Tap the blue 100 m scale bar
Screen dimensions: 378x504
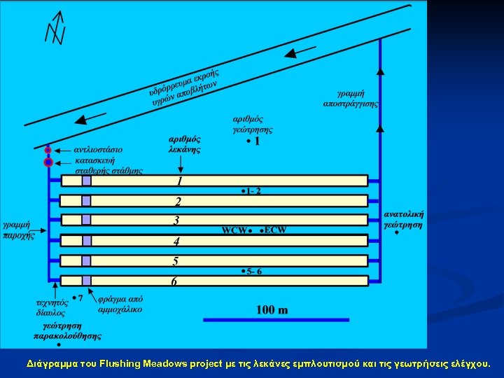(276, 320)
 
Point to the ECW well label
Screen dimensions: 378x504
(275, 230)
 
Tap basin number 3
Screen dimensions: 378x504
(176, 220)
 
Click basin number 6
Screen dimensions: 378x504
(174, 281)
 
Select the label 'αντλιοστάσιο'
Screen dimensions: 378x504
(99, 150)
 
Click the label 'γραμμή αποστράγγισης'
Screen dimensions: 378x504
(350, 98)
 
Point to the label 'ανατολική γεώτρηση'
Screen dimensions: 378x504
(405, 219)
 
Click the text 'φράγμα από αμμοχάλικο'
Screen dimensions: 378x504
(120, 303)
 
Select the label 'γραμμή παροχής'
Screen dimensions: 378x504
(19, 230)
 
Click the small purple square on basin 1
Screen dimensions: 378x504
(86, 181)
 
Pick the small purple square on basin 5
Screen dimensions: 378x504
(86, 261)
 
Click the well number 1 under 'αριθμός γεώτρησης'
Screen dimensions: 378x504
(256, 142)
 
